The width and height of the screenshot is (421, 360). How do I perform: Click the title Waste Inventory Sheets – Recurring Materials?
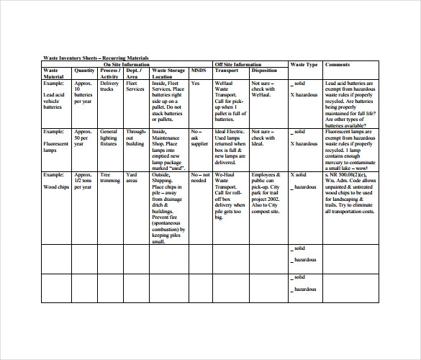(x=97, y=57)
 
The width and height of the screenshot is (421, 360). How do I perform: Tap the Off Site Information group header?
(x=237, y=64)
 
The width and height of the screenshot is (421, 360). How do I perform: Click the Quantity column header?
(x=84, y=71)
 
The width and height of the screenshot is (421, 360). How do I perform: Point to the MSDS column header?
(x=198, y=71)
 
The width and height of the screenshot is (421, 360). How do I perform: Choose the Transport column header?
(x=227, y=71)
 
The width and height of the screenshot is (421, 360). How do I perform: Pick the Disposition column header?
(x=264, y=71)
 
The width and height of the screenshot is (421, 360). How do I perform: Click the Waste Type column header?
(x=304, y=64)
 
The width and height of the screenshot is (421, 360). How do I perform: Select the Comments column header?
(x=338, y=64)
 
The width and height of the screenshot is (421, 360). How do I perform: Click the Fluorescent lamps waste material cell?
(x=58, y=144)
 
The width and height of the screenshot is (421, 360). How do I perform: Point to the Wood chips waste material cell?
(x=58, y=186)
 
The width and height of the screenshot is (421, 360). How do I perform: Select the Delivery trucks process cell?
(x=109, y=86)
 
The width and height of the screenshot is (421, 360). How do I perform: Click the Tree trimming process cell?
(x=109, y=178)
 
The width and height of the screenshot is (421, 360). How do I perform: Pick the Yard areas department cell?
(x=133, y=178)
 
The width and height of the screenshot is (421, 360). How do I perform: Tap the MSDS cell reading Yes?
(x=196, y=84)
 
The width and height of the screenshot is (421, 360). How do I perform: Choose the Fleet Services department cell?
(x=135, y=86)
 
